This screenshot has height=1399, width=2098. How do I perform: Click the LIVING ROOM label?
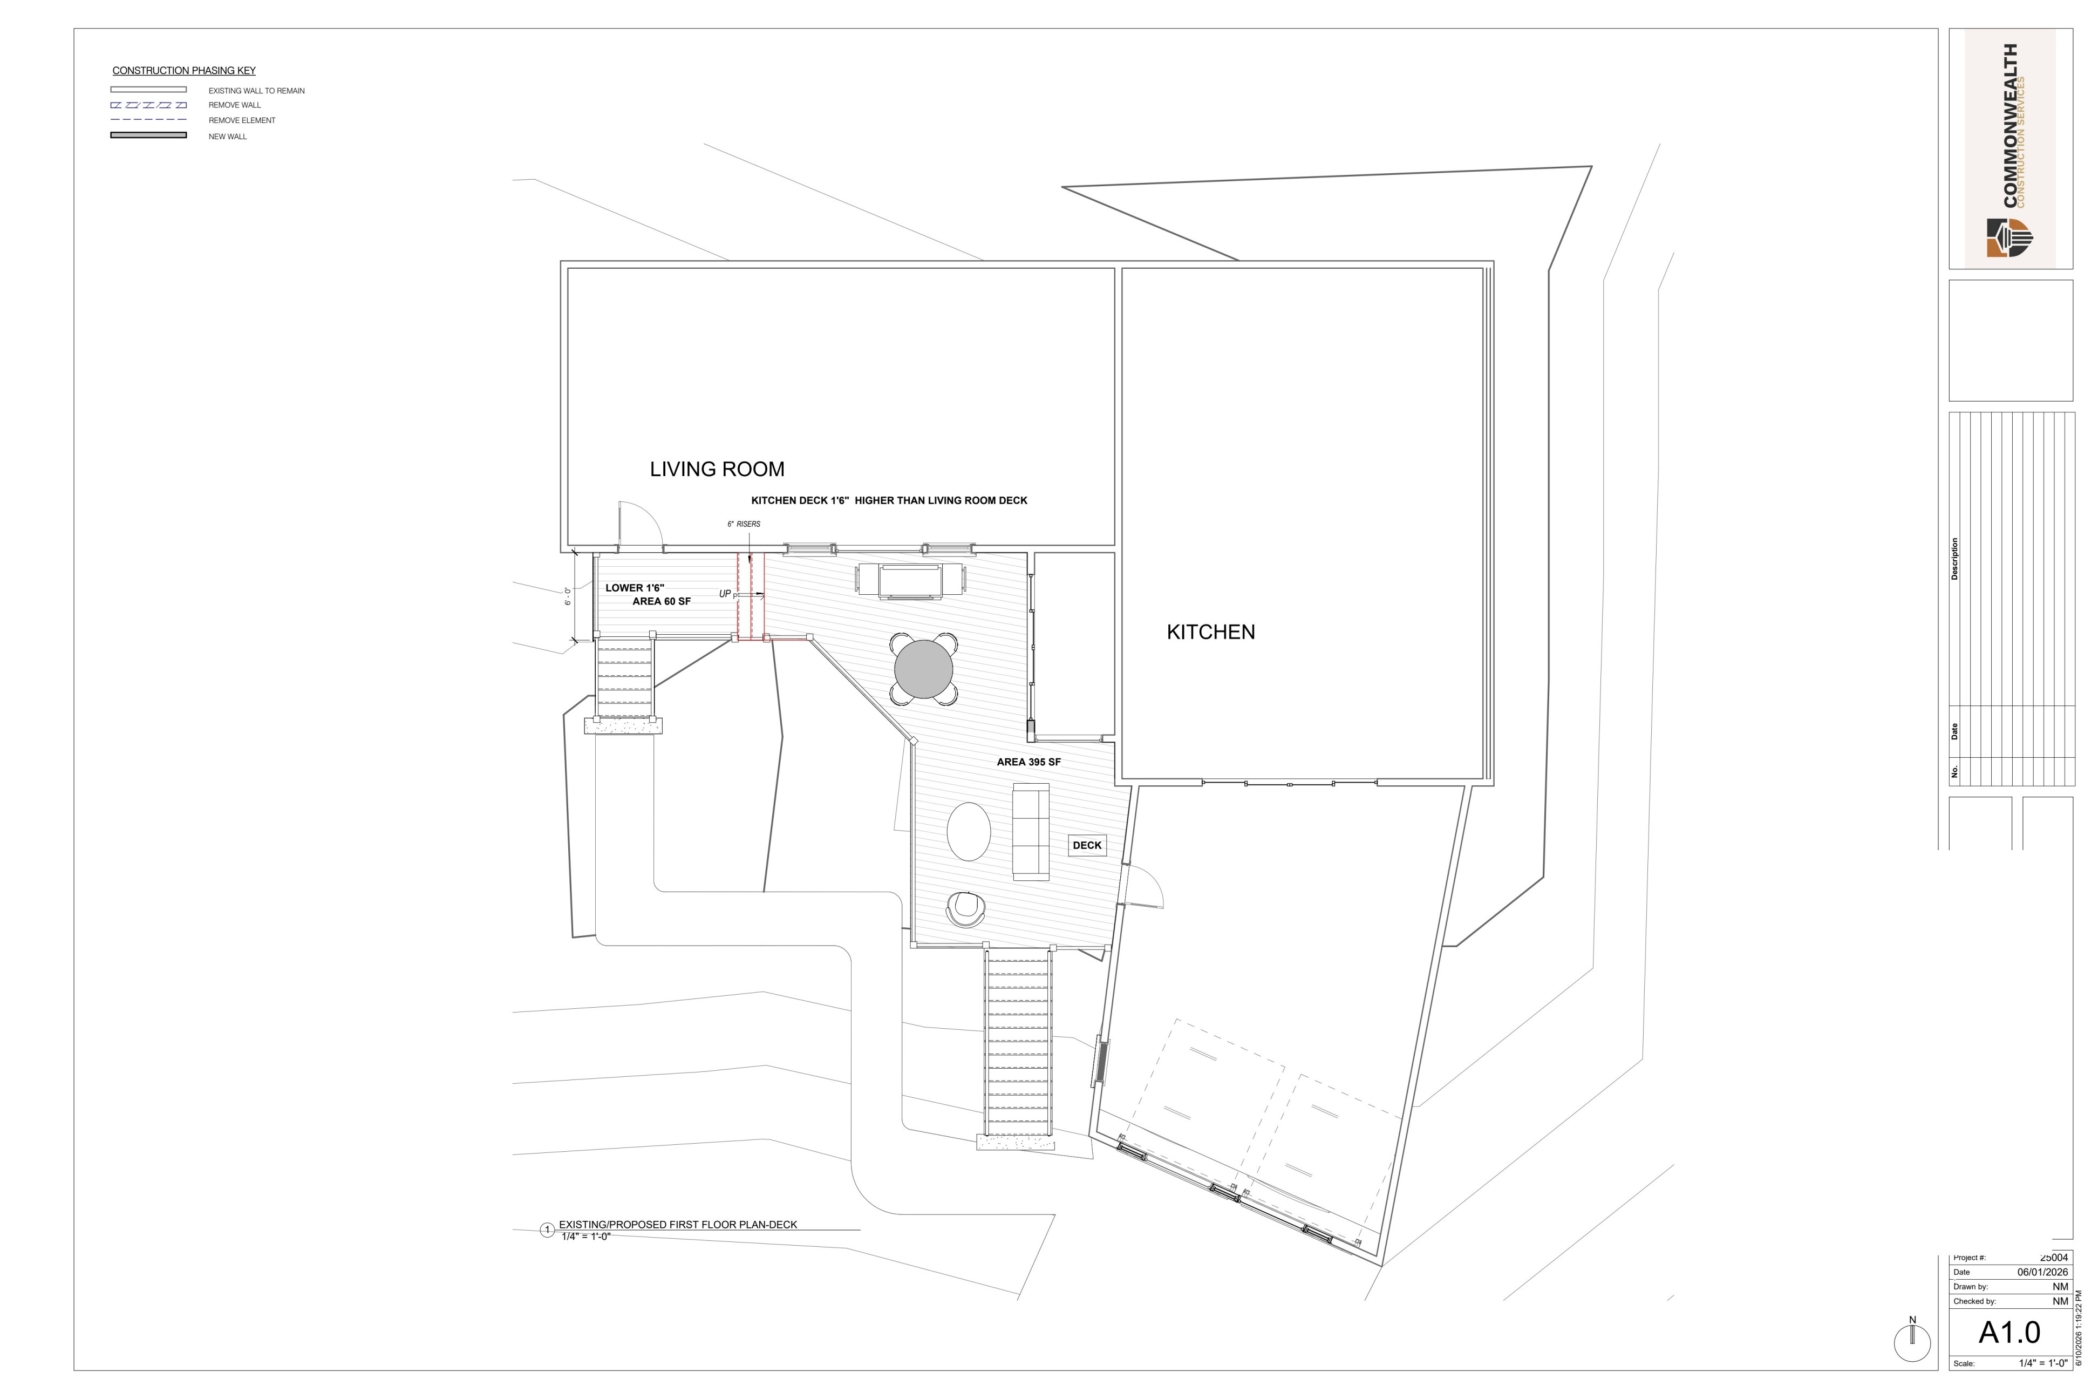[x=717, y=470]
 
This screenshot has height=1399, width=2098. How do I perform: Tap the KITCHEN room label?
[x=1210, y=631]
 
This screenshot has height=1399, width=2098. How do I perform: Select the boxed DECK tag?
[x=1087, y=845]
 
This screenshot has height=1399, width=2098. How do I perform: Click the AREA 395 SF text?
[x=1028, y=762]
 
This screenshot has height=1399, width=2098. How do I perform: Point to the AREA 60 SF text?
[x=662, y=601]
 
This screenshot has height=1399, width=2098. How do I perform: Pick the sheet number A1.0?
[x=2009, y=1332]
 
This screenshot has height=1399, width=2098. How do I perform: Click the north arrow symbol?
[x=1912, y=1340]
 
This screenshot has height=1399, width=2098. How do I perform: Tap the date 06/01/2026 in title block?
[x=2043, y=1272]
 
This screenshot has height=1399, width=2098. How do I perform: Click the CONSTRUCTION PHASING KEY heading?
[x=184, y=71]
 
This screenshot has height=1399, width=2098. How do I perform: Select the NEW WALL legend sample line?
[x=148, y=135]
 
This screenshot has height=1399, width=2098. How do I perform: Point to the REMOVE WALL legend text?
[x=235, y=105]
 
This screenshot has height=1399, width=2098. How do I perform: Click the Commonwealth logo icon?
[x=2010, y=237]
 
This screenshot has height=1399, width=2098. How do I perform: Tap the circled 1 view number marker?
[x=548, y=1231]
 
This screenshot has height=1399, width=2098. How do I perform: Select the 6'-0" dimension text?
[x=567, y=596]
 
